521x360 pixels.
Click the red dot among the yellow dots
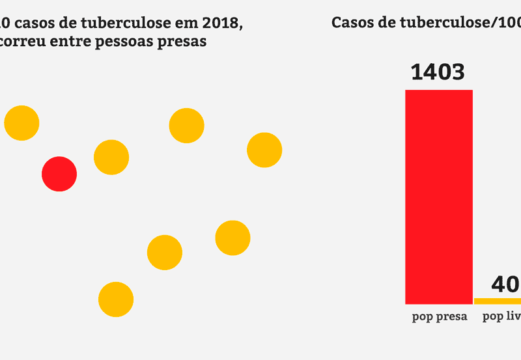pos(59,174)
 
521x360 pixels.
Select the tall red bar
pos(438,196)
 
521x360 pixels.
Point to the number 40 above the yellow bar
pos(505,284)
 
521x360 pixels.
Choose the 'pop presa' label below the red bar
pos(440,318)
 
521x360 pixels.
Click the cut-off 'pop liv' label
pos(501,318)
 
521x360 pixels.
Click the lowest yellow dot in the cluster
pos(116,299)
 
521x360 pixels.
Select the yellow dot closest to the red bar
pos(264,150)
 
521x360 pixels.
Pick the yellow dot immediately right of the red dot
pos(111,157)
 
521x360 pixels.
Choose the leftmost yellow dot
pos(21,123)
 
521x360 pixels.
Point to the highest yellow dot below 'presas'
pos(187,126)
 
